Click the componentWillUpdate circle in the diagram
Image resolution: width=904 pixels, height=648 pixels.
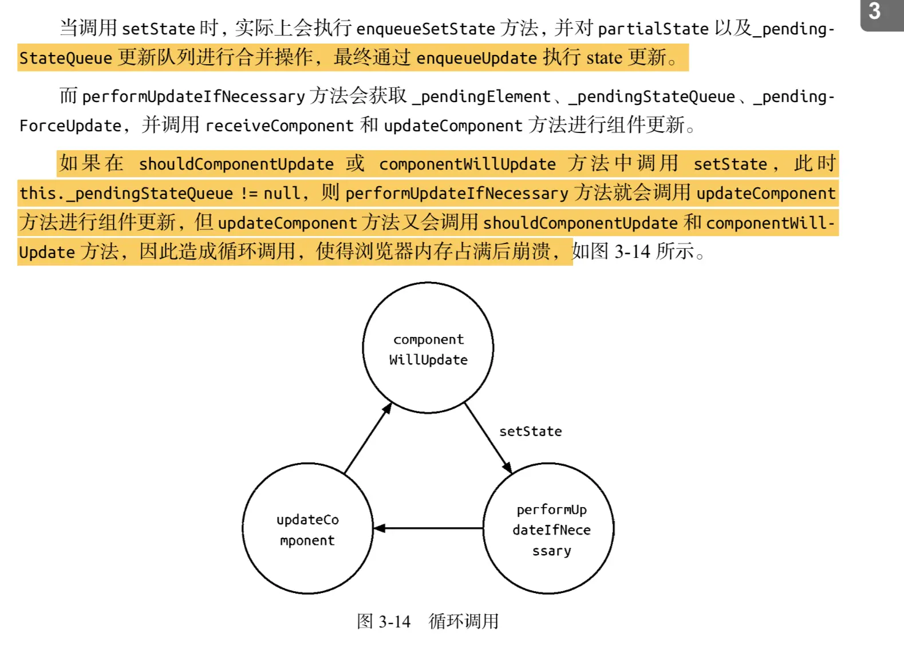click(428, 348)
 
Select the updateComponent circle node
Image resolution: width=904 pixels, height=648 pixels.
click(307, 529)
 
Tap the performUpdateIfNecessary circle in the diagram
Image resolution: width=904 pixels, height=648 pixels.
click(548, 529)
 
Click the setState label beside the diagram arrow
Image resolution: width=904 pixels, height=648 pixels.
click(530, 431)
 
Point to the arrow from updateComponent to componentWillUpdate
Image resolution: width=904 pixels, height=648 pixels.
click(368, 438)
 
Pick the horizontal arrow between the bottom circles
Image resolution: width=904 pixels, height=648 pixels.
click(428, 528)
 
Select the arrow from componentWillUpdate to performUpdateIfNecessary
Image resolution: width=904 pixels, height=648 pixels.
click(488, 438)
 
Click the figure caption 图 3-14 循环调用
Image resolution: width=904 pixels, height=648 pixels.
click(428, 621)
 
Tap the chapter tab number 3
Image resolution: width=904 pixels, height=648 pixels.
click(874, 11)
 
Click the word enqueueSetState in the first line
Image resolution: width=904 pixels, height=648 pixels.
click(425, 29)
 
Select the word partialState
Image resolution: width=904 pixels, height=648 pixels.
click(653, 29)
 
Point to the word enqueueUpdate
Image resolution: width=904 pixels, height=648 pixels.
click(476, 58)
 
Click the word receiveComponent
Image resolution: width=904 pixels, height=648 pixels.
click(279, 125)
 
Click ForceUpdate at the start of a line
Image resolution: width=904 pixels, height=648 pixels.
click(70, 125)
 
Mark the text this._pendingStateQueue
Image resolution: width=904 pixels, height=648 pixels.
click(126, 193)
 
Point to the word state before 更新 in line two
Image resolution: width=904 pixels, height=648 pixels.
click(604, 58)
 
